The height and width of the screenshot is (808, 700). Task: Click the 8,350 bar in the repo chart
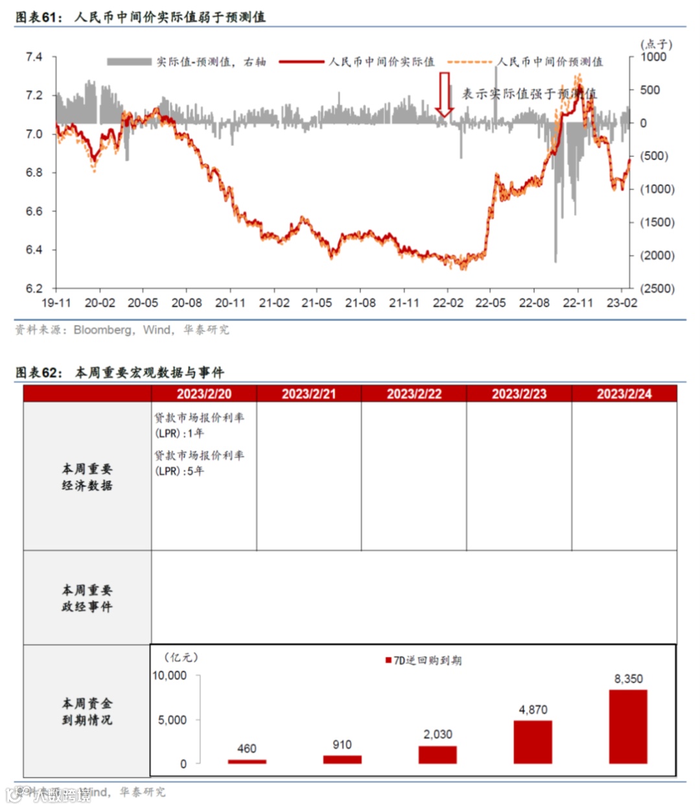click(628, 726)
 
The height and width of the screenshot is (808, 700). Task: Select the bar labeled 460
click(247, 761)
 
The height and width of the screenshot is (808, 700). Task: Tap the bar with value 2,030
click(437, 754)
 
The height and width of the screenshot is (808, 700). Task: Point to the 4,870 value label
click(533, 710)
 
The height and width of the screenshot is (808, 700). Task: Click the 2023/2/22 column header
click(414, 394)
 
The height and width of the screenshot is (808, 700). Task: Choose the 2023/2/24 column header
click(624, 394)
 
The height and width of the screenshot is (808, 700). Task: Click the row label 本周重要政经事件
click(87, 598)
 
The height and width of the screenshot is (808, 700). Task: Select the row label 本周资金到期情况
click(87, 711)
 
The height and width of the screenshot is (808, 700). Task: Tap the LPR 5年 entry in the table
click(199, 463)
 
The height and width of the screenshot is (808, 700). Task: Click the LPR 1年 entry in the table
click(199, 425)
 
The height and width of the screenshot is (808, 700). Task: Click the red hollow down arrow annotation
click(445, 94)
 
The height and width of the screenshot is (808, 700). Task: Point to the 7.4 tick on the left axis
click(34, 57)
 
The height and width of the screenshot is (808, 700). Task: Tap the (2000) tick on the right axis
click(657, 255)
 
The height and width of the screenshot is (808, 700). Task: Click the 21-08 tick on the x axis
click(360, 303)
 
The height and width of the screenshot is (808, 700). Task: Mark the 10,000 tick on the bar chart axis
click(169, 676)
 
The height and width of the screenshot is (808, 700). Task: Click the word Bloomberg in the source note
click(102, 330)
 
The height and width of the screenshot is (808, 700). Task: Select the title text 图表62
click(38, 373)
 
